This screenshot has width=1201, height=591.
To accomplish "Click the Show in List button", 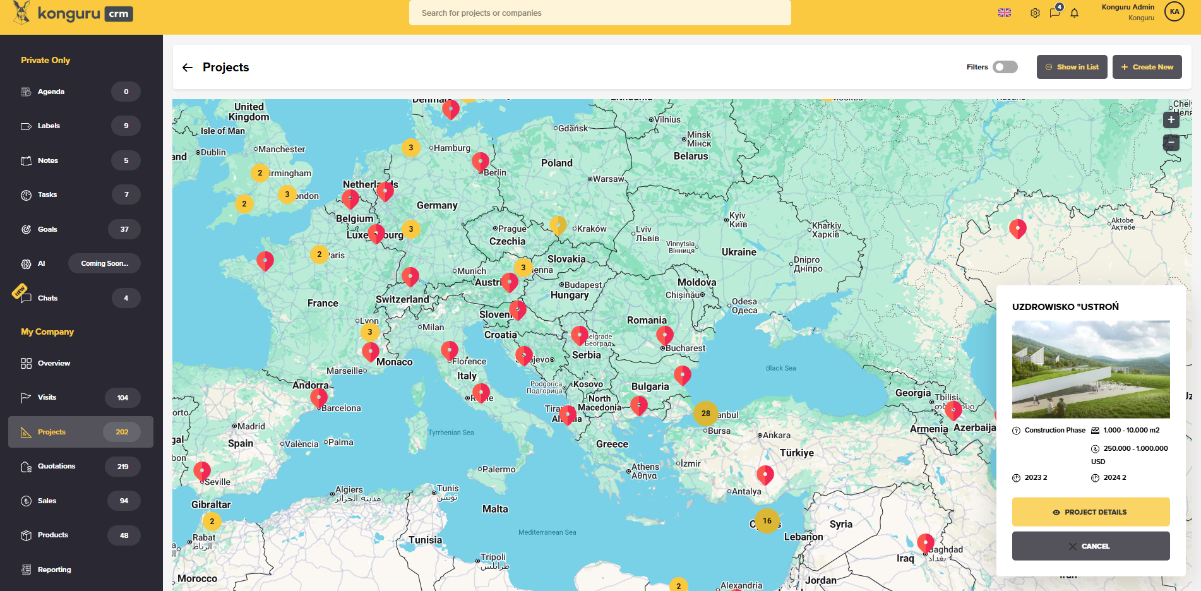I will [x=1072, y=67].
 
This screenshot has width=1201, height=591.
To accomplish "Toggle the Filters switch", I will [x=1005, y=67].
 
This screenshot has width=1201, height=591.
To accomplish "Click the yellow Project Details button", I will [x=1090, y=512].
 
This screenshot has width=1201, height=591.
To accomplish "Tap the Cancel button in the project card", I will [x=1090, y=546].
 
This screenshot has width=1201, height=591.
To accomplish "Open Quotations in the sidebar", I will [x=56, y=467].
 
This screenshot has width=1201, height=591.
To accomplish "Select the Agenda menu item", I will [x=51, y=92].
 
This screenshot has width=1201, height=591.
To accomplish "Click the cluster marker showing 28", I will [x=705, y=414].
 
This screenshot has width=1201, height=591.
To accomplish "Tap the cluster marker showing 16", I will [x=767, y=521].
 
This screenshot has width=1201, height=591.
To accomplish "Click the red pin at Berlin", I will [x=480, y=162].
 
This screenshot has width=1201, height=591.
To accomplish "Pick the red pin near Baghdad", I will [x=925, y=542].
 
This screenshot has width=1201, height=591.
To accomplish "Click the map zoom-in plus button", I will [x=1171, y=120].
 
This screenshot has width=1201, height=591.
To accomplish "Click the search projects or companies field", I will [x=599, y=13].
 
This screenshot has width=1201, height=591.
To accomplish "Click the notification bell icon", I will [x=1074, y=13].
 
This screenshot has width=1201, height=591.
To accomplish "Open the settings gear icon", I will [x=1035, y=13].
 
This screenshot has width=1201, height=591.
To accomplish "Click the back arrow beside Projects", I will [x=188, y=68].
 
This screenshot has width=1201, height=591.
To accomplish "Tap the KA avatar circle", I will [x=1174, y=11].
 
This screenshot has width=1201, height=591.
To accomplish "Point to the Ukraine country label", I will [x=739, y=252].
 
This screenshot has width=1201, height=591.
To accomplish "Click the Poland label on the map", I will [x=556, y=163].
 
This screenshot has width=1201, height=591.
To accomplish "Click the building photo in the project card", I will [x=1090, y=369].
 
